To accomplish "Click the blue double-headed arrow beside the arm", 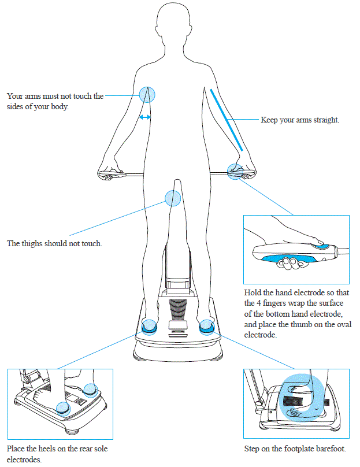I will (x=145, y=117).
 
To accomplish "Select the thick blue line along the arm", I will (x=227, y=119).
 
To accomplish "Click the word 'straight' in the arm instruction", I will (x=326, y=120).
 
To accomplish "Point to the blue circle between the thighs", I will (x=173, y=198).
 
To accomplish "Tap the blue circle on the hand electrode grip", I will (x=235, y=171).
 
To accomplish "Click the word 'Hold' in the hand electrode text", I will (x=253, y=292).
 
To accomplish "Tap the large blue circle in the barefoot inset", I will (x=299, y=398).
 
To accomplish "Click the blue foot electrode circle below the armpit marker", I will (x=149, y=328).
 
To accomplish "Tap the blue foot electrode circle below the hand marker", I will (x=206, y=328).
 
